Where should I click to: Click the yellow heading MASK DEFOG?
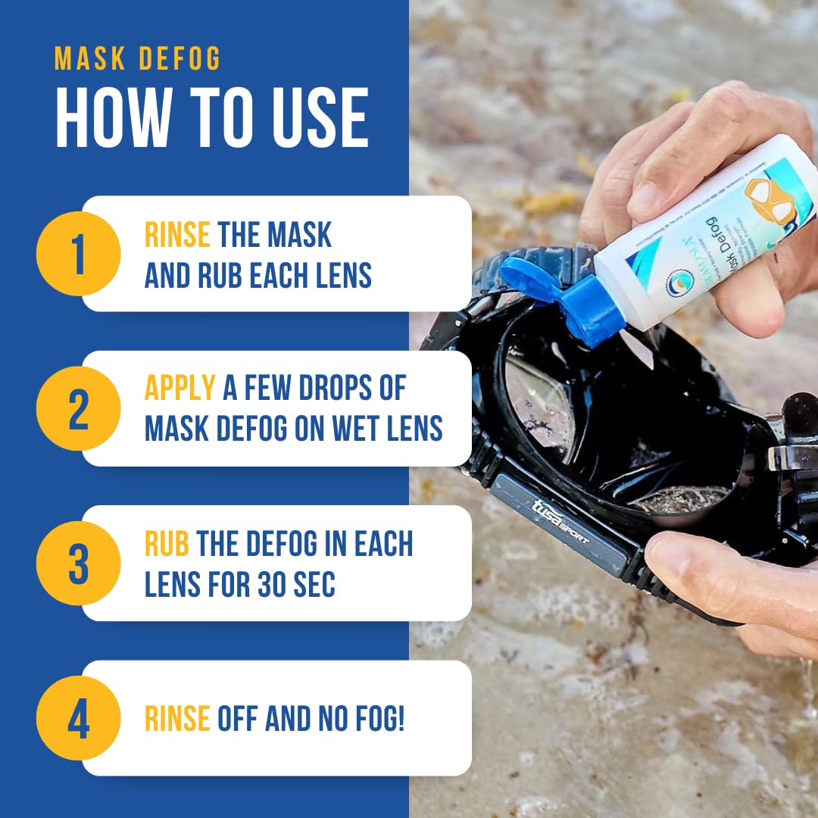tap(137, 60)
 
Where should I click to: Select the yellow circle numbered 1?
tap(78, 254)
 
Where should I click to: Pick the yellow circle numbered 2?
tap(78, 408)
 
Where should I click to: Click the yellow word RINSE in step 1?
tap(176, 236)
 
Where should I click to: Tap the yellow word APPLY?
tap(180, 389)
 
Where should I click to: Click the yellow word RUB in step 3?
tap(167, 545)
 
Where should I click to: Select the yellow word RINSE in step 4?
tap(176, 719)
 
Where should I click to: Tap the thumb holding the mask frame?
tap(682, 560)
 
